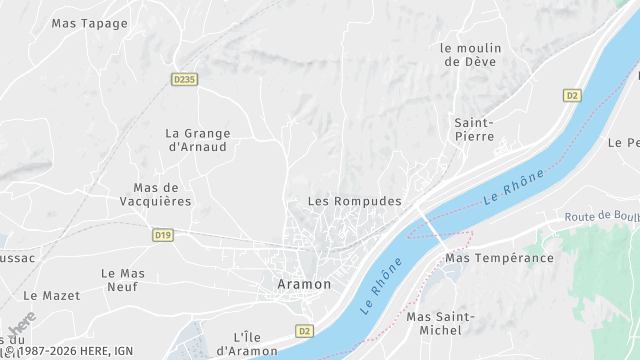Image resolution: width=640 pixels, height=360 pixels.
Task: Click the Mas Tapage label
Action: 90,23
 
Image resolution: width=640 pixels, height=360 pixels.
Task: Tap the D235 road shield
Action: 183,79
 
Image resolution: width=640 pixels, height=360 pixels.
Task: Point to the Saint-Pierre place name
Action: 474,130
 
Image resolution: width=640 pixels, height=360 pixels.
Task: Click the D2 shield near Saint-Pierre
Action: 572,96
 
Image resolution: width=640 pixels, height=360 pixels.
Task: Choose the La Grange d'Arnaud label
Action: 198,140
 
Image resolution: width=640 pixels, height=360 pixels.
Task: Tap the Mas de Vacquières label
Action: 162,194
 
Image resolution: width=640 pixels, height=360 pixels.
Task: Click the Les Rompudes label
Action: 354,201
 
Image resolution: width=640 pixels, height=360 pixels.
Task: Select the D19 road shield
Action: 164,235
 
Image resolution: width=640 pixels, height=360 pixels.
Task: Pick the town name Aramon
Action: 303,284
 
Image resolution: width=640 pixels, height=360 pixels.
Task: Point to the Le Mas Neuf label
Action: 123,280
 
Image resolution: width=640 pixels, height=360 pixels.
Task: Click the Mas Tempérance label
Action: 499,258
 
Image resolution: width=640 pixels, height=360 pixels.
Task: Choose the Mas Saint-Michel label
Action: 441,323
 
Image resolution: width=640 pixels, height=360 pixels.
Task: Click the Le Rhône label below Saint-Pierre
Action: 514,187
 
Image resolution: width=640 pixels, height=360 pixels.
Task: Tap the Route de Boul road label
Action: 601,217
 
